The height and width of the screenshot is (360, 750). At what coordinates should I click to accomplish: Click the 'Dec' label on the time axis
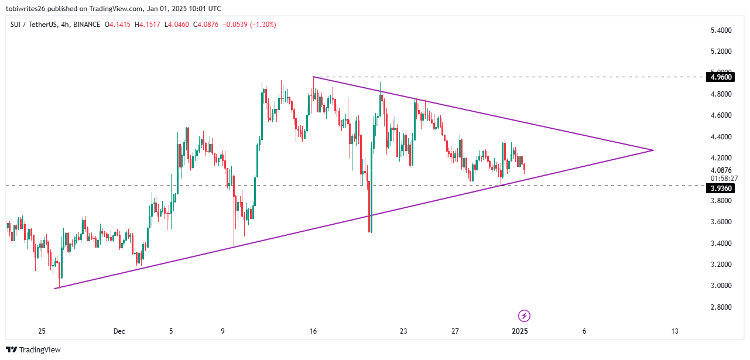pos(119,331)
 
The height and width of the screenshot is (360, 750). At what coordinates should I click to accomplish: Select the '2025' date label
pos(520,331)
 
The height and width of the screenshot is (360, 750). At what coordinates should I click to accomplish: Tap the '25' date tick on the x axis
pos(42,331)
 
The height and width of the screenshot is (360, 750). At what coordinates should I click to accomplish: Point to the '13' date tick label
pos(674,331)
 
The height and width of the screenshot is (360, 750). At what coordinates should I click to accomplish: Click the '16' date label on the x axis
pos(313,331)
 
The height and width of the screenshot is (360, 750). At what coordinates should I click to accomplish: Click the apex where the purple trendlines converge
pos(653,150)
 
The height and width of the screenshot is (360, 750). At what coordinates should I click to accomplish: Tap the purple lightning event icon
pos(525,316)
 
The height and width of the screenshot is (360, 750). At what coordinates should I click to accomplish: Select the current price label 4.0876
pos(718,169)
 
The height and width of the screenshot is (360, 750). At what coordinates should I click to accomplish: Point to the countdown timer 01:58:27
pos(718,177)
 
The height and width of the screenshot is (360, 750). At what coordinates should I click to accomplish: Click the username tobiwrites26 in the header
pos(29,9)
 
